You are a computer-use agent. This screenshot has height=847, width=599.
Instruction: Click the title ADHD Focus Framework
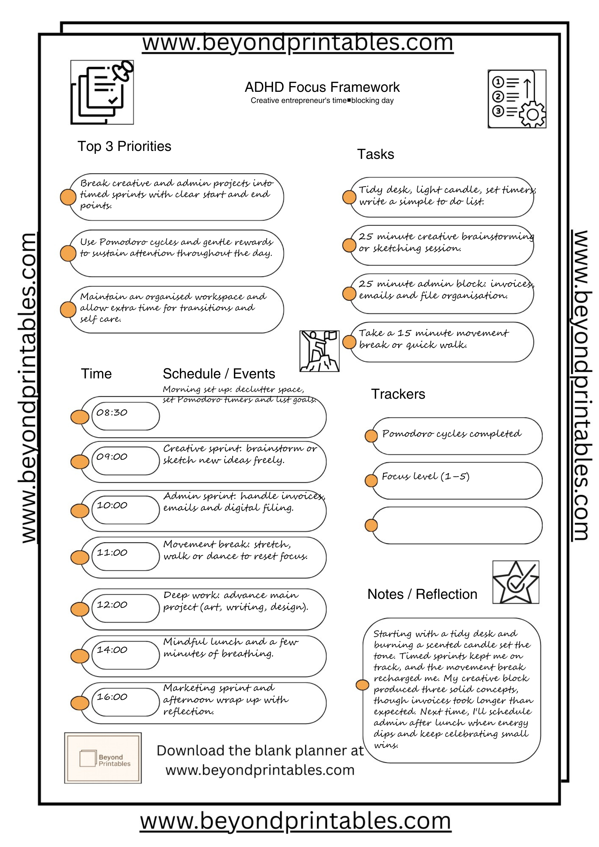(322, 87)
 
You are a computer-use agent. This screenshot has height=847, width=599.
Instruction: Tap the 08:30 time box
(126, 416)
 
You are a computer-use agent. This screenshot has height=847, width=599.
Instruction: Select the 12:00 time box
(126, 608)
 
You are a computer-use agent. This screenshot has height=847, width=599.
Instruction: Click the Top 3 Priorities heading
(124, 146)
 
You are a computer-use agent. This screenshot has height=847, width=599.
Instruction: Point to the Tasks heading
(375, 154)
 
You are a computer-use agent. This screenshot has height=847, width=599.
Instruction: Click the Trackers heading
(398, 394)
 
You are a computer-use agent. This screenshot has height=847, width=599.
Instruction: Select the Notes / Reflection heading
(422, 594)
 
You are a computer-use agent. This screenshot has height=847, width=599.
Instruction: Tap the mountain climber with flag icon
(319, 351)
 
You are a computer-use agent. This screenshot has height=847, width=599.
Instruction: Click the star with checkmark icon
(516, 582)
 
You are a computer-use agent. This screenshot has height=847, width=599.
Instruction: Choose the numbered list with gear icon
(517, 99)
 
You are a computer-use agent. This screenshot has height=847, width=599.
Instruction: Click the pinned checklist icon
(102, 92)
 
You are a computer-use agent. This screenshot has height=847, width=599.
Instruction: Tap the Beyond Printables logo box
(103, 758)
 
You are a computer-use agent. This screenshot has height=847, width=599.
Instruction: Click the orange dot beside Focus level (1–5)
(371, 480)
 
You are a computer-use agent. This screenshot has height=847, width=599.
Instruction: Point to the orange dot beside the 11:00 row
(80, 557)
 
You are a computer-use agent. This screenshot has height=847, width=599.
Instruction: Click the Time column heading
(96, 374)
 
